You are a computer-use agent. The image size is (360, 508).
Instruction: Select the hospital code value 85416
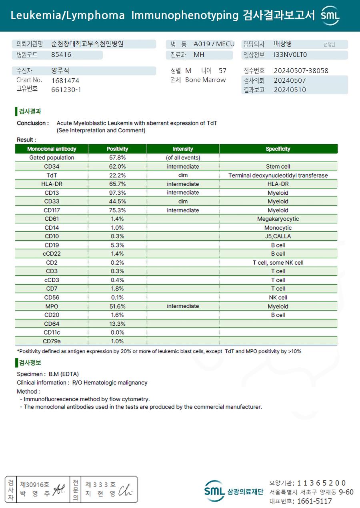point(61,55)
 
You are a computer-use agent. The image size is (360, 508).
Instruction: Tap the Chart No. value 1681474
point(65,80)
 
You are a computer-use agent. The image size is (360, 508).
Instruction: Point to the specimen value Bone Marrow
point(205,80)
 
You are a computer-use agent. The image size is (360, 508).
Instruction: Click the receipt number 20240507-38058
point(301,71)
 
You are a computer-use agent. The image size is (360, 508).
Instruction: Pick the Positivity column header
point(117,149)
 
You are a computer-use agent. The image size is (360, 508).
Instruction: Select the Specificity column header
point(278,149)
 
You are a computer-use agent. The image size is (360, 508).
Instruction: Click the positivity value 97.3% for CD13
point(117,193)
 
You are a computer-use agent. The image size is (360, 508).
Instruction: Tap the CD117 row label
point(52,210)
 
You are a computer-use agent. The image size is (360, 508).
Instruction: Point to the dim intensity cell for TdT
point(183,175)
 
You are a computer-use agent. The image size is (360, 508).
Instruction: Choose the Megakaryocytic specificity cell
point(278,219)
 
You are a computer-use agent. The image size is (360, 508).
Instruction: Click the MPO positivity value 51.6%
point(117,306)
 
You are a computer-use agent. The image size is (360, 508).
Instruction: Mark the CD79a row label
point(52,341)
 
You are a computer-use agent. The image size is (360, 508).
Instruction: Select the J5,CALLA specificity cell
point(278,236)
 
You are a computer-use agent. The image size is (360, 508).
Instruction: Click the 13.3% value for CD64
point(117,324)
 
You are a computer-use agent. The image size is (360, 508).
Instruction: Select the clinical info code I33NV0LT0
point(290,55)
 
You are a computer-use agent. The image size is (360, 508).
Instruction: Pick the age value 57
point(222,71)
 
